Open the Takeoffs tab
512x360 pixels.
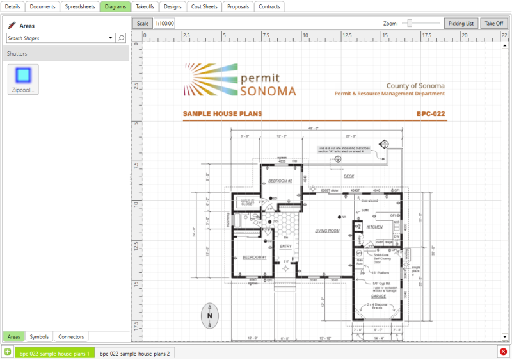(145, 6)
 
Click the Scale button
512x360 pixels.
(142, 23)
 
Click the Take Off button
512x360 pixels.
(493, 23)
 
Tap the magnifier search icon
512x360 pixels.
(121, 38)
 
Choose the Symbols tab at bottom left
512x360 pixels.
(39, 336)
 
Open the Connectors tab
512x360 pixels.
(70, 336)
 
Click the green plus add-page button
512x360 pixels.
(7, 352)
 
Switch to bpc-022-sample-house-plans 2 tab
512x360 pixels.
(134, 353)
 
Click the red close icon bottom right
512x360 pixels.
(504, 352)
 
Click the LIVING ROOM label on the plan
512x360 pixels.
(326, 231)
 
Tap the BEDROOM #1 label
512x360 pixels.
(254, 258)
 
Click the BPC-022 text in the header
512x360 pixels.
(431, 114)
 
